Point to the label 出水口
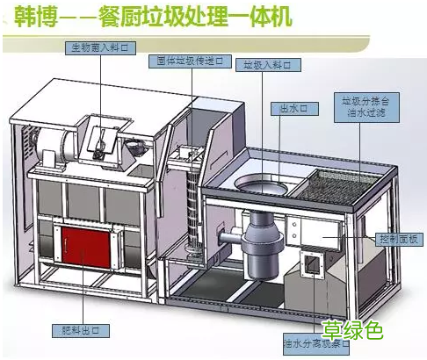coord(292,108)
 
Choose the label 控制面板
coord(401,240)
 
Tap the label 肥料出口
coord(90,329)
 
